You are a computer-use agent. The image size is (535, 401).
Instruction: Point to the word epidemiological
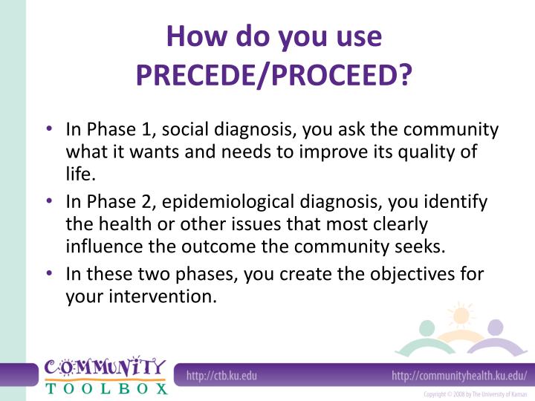[x=228, y=202]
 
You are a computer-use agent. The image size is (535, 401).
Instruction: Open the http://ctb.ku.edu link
[x=221, y=376]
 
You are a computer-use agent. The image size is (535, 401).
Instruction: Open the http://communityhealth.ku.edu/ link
[x=458, y=376]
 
